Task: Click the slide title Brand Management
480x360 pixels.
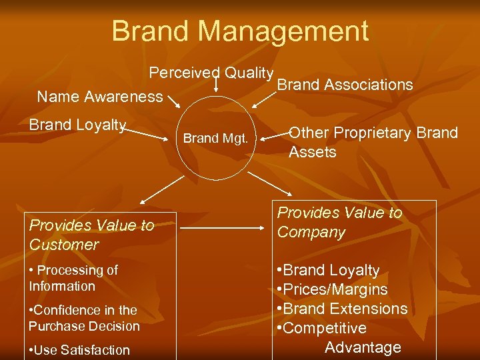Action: pyautogui.click(x=240, y=31)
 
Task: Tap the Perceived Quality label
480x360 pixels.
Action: pyautogui.click(x=211, y=73)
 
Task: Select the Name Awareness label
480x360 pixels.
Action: pyautogui.click(x=100, y=97)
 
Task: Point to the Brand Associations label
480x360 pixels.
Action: pyautogui.click(x=345, y=85)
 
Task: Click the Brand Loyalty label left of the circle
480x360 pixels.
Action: pyautogui.click(x=77, y=125)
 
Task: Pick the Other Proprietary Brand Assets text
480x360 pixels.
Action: pyautogui.click(x=373, y=142)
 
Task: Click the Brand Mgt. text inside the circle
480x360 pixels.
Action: pyautogui.click(x=215, y=139)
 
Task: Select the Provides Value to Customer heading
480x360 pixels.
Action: pyautogui.click(x=91, y=235)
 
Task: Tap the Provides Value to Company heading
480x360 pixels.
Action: pyautogui.click(x=339, y=222)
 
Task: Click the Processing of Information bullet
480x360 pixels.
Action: pyautogui.click(x=73, y=278)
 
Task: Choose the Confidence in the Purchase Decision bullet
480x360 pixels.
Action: pyautogui.click(x=84, y=318)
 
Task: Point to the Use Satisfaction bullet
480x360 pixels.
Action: pyautogui.click(x=79, y=349)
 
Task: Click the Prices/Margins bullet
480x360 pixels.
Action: pyautogui.click(x=332, y=289)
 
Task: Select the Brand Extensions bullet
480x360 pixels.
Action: pyautogui.click(x=342, y=309)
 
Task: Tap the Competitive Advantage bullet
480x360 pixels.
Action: pyautogui.click(x=340, y=337)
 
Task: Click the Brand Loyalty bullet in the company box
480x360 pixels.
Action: pyautogui.click(x=328, y=270)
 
